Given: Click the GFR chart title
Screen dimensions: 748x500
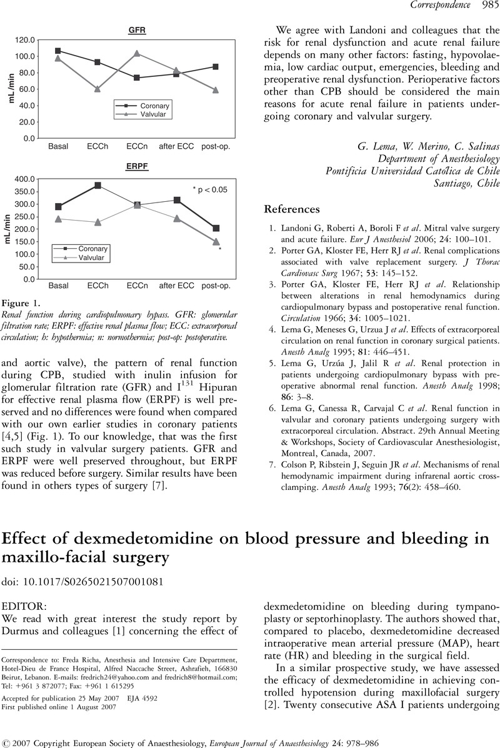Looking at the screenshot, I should [137, 29].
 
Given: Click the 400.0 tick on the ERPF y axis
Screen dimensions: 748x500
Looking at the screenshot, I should [24, 179].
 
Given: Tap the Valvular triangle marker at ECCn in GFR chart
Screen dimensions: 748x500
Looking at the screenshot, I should [136, 53].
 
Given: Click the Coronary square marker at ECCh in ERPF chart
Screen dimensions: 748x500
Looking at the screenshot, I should [97, 186].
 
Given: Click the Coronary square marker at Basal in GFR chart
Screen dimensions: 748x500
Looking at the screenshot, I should [58, 51].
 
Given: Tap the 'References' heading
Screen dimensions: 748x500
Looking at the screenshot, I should [291, 207].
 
